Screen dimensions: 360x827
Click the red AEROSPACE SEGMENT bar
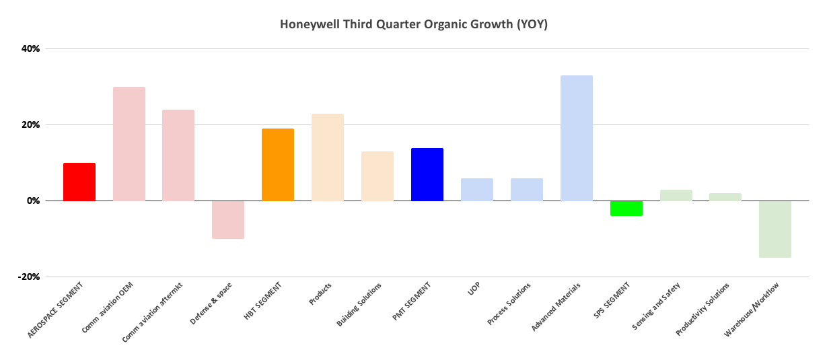79,182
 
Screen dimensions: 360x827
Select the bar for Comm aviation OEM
129,144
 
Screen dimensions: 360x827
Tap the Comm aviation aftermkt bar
178,155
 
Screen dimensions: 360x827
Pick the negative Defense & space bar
228,219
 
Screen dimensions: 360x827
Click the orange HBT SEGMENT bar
278,165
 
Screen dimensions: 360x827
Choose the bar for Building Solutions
377,176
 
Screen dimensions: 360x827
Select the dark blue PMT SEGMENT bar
427,174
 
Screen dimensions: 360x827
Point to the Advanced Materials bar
577,138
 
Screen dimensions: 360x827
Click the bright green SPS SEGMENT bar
626,208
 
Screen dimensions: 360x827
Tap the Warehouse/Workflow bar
775,229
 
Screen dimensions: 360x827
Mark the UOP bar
477,190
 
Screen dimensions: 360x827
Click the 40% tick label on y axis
32,48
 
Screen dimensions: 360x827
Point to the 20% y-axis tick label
32,124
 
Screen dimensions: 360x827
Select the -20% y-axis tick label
30,277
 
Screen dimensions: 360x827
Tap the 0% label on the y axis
34,201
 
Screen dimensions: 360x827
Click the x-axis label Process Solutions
509,305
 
